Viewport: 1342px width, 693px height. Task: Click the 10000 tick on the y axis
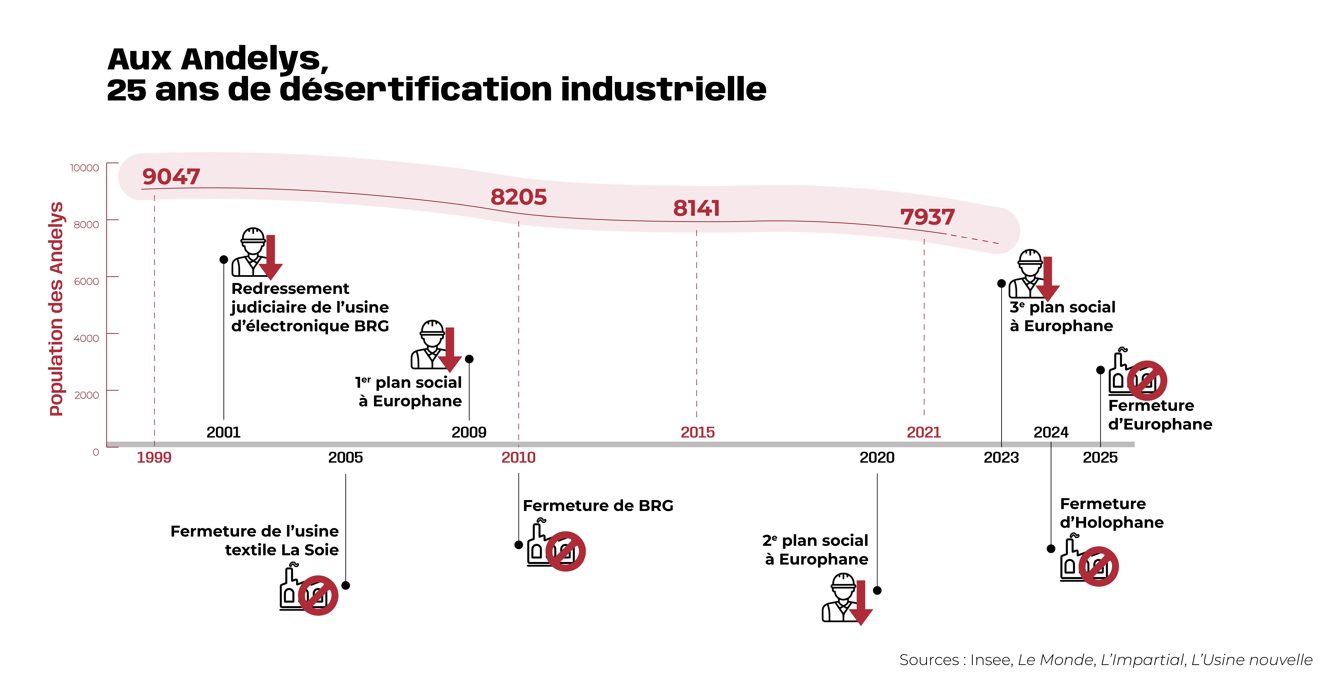pos(84,168)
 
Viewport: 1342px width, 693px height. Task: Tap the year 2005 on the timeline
pos(345,458)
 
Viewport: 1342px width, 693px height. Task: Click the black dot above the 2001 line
pos(224,259)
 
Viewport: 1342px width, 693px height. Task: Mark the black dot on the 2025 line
pos(1100,370)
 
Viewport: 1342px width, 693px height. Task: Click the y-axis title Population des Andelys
pos(56,309)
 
